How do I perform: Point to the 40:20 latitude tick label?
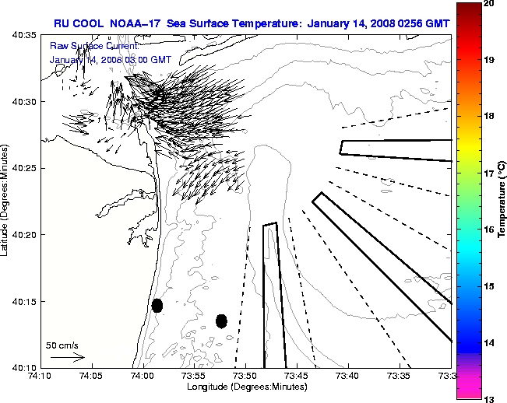click(23, 234)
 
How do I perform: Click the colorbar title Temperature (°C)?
click(502, 201)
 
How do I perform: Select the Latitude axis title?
click(6, 201)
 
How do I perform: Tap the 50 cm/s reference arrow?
click(67, 357)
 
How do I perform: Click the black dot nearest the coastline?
click(157, 305)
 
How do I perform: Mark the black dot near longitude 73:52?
click(221, 321)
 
